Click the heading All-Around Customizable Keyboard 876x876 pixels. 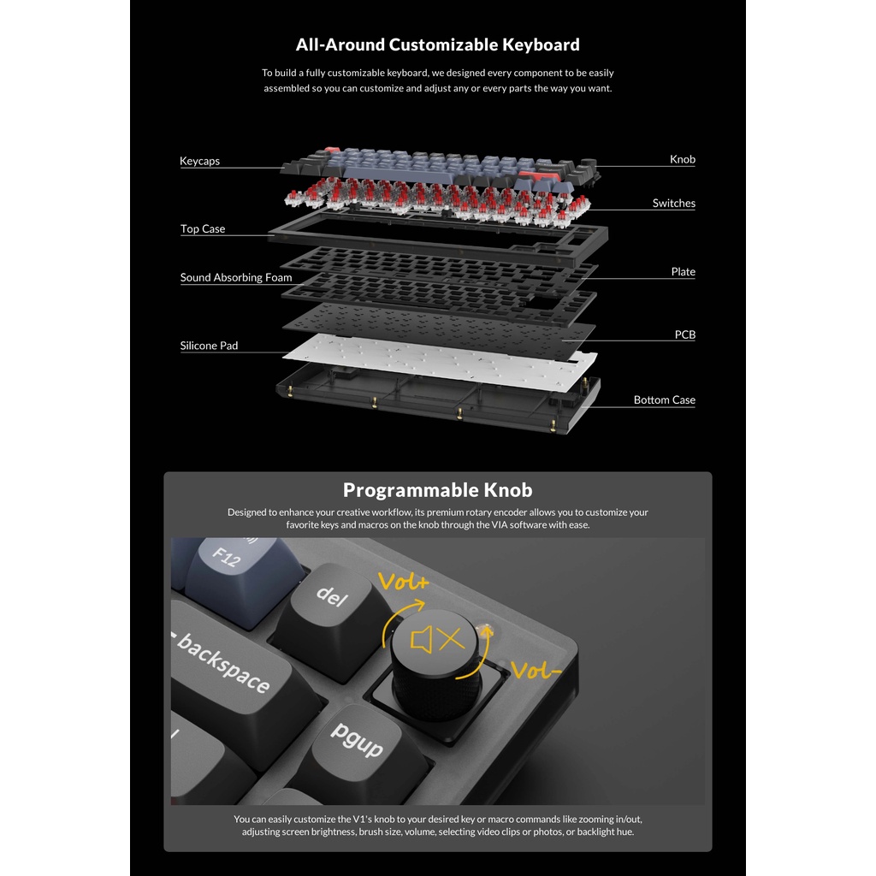pyautogui.click(x=437, y=44)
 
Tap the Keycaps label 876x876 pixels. pyautogui.click(x=199, y=161)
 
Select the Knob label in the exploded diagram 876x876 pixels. pyautogui.click(x=682, y=159)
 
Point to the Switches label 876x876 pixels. pyautogui.click(x=674, y=203)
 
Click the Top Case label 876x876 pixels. pyautogui.click(x=202, y=228)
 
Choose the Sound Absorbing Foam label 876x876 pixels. pyautogui.click(x=236, y=277)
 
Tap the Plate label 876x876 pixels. pyautogui.click(x=683, y=271)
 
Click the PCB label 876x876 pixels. pyautogui.click(x=684, y=334)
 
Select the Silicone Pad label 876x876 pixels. pyautogui.click(x=209, y=346)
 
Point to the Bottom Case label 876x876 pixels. pyautogui.click(x=664, y=400)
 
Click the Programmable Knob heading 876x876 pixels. pyautogui.click(x=437, y=490)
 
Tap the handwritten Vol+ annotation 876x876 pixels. pyautogui.click(x=404, y=582)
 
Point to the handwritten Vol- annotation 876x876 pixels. pyautogui.click(x=536, y=670)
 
